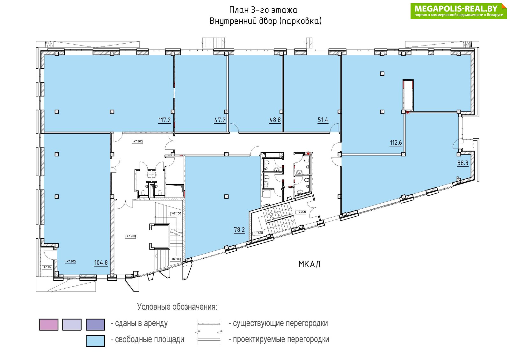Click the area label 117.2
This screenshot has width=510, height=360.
[x=164, y=120]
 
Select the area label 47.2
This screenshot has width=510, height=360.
[x=220, y=120]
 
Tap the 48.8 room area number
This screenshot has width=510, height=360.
[x=275, y=120]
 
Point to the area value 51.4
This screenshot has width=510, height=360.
[x=323, y=120]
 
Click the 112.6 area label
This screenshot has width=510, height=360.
[x=396, y=143]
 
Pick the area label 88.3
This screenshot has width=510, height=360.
[x=463, y=163]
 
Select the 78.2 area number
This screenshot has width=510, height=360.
[x=239, y=230]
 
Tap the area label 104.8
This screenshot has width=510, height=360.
[x=101, y=263]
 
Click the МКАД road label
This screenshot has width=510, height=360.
[x=310, y=264]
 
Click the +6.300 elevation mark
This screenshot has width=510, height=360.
[x=176, y=259]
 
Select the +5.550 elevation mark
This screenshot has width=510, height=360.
[x=259, y=233]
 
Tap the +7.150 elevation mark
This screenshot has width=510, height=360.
[x=48, y=267]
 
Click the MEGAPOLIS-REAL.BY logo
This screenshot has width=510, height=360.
[x=459, y=11]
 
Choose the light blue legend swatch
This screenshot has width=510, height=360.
[x=95, y=341]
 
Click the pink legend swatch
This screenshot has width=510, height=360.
[x=49, y=325]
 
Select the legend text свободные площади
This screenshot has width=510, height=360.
[x=149, y=340]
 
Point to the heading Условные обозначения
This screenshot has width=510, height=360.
[x=177, y=307]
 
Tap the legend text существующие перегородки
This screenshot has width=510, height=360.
[x=280, y=323]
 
